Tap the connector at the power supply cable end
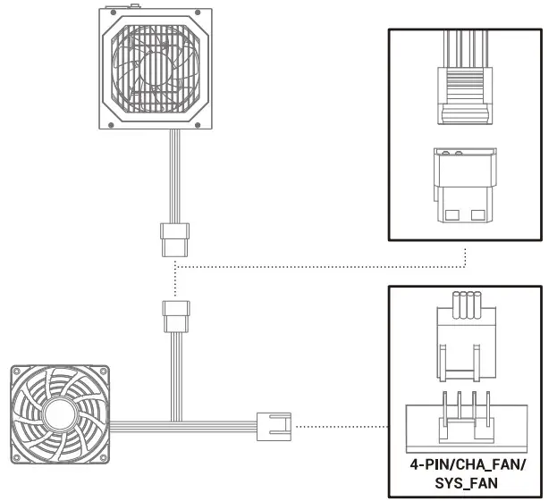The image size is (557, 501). (175, 238)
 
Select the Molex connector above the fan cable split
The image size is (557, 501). (175, 315)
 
